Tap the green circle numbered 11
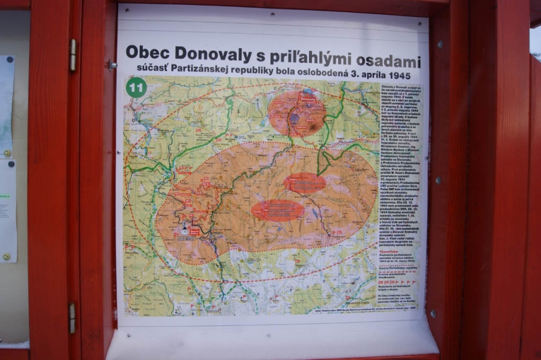point(136,87)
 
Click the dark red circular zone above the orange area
point(296,112)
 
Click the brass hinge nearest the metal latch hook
point(72,55)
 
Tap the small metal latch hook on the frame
point(110,65)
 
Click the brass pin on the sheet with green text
point(6,257)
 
